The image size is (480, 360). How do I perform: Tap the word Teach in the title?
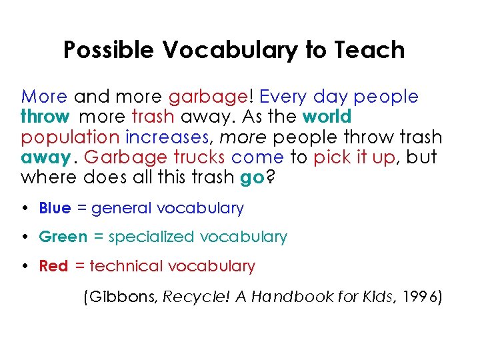point(371,50)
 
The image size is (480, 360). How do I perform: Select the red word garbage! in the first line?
point(209,97)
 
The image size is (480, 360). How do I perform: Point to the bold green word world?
point(327,117)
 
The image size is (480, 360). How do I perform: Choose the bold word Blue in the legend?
point(55,208)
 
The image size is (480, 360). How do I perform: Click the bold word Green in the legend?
point(63,237)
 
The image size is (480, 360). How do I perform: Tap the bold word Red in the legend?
point(53,266)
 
